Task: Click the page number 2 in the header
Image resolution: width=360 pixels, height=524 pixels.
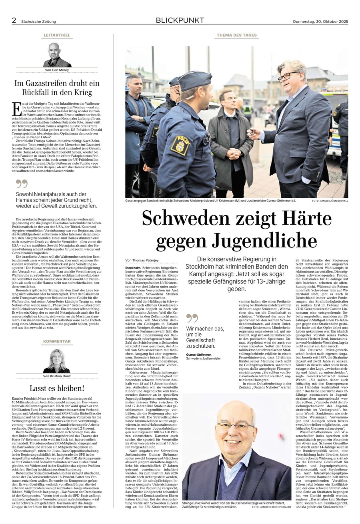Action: coord(14,21)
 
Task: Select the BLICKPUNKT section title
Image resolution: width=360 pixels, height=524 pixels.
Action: coord(180,20)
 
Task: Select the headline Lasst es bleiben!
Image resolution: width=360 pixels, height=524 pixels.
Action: coord(57,388)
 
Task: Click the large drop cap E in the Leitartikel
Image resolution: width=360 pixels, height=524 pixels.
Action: coord(17,109)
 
